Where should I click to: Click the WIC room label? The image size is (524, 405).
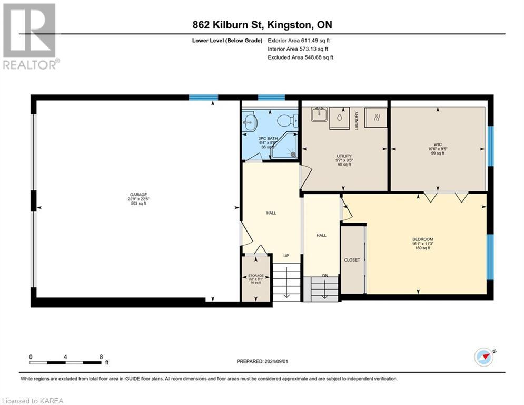pos(437,144)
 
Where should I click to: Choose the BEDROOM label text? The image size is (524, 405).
pos(422,239)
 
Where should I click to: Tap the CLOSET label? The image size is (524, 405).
pos(352,260)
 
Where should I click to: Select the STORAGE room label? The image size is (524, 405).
pos(255,276)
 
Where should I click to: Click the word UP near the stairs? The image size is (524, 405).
pos(286,256)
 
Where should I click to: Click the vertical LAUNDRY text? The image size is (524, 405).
pos(357,120)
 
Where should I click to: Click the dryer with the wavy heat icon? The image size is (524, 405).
pos(375,115)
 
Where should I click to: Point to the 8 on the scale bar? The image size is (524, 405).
pos(101,357)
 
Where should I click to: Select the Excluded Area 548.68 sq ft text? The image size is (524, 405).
pos(300,57)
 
